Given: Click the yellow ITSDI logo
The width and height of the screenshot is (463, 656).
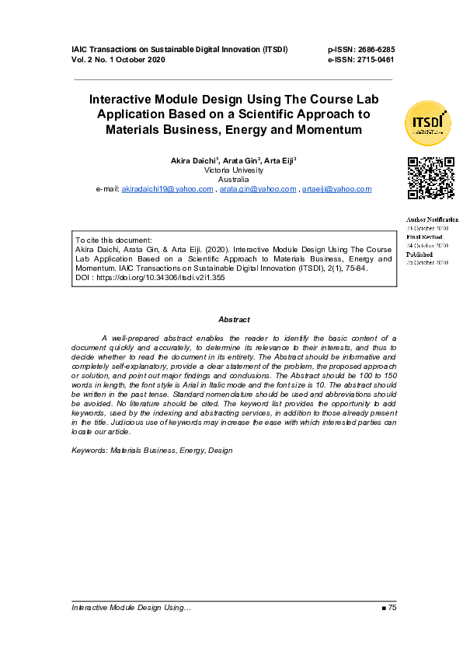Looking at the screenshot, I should pos(427,124).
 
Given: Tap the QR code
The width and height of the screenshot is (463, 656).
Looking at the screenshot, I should pos(430,179).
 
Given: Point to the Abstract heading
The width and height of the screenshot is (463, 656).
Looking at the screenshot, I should pos(234,320).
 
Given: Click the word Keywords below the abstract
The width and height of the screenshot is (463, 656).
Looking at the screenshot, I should pos(89,451).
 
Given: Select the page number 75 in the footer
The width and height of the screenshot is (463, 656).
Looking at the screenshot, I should pos(392,607).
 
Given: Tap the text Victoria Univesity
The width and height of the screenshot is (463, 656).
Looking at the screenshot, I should pos(234,170).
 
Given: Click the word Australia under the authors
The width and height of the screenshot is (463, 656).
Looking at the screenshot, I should pos(234,179).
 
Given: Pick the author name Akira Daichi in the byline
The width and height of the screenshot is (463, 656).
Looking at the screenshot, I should pos(193,160).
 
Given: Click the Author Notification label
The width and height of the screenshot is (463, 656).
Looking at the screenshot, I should pos(432,219).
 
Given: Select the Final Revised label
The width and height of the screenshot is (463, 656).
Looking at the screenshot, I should pos(424,237).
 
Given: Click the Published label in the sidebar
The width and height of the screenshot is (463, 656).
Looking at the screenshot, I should pos(419,254).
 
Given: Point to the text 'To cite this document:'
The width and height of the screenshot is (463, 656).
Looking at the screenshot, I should pos(113,240).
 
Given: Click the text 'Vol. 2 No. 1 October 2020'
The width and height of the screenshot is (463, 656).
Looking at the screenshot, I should pos(118,59).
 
